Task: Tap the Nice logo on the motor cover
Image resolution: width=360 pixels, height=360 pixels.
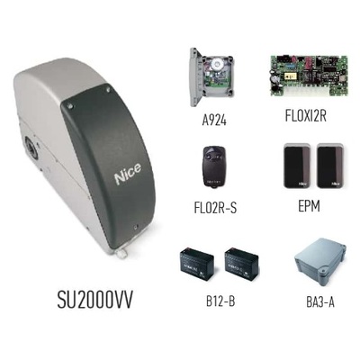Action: (128, 174)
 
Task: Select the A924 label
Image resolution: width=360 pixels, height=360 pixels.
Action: (214, 121)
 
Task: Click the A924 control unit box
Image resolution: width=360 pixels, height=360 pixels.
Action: (211, 76)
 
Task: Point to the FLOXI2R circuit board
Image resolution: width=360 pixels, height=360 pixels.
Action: (309, 76)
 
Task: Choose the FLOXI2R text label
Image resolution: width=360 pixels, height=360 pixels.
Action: (305, 116)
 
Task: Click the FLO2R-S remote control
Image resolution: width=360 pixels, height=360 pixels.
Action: (214, 166)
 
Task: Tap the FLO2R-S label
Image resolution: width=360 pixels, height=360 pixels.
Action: (215, 208)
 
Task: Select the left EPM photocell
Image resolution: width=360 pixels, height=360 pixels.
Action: (297, 166)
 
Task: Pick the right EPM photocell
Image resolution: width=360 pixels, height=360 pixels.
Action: (330, 166)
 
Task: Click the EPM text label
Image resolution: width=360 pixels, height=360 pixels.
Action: (309, 206)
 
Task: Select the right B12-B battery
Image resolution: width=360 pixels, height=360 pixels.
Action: (241, 264)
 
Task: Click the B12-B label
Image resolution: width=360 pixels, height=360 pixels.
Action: (220, 301)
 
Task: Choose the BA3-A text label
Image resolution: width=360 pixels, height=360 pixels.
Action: (320, 302)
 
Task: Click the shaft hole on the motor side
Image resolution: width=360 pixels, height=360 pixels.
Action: (31, 148)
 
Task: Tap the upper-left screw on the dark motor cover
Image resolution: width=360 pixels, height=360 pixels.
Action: (70, 105)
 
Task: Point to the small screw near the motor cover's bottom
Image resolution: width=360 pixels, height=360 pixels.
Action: (136, 227)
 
